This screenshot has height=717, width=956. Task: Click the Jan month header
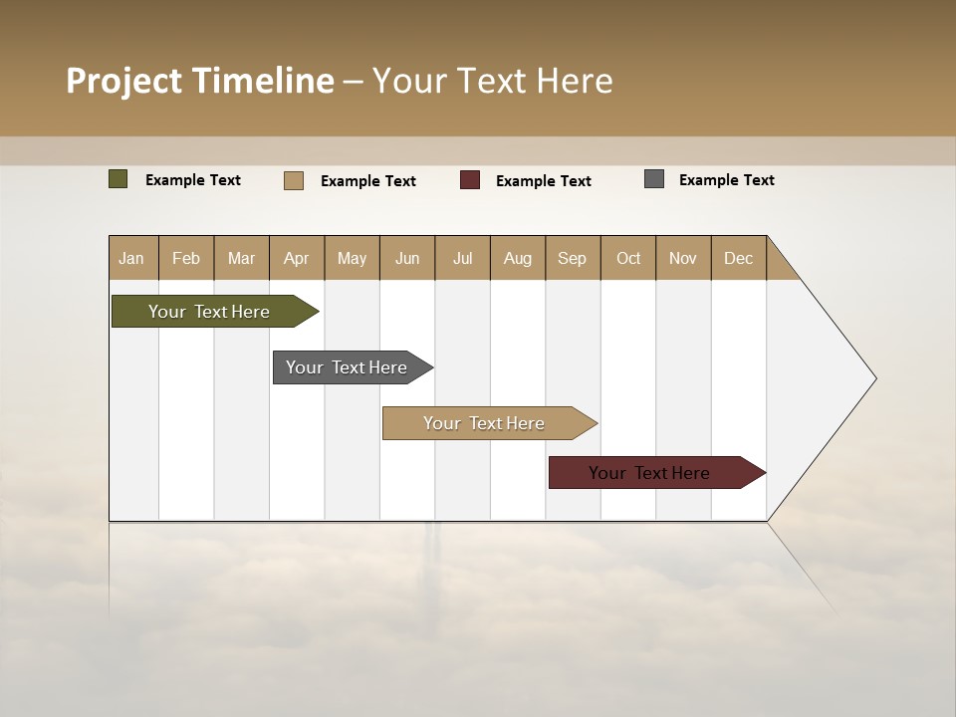point(132,258)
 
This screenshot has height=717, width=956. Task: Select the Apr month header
point(297,258)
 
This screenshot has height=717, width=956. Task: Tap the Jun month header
point(407,258)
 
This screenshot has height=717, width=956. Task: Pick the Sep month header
point(573,258)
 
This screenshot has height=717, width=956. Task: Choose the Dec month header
point(738,258)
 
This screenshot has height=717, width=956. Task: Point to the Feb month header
point(186,258)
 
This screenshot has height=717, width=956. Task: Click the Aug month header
point(518,258)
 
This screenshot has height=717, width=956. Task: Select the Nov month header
point(683,258)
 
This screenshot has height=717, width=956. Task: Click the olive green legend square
point(119,179)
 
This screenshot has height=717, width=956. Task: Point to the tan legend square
point(294,180)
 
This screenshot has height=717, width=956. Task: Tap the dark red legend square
point(470,180)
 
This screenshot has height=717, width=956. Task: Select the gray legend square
point(654,179)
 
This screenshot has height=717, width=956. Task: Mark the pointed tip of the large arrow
point(874,378)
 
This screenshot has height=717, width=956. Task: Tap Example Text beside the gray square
point(726,180)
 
